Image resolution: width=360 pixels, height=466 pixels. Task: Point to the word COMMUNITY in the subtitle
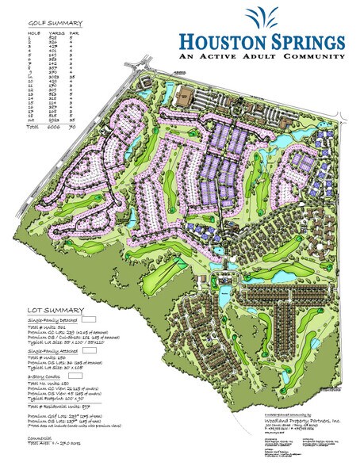pos(314,58)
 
